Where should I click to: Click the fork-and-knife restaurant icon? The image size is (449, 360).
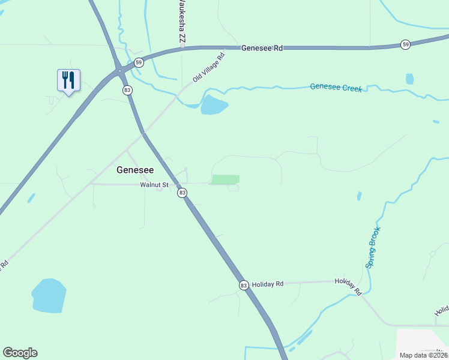click(68, 80)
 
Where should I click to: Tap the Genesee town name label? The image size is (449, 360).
click(134, 170)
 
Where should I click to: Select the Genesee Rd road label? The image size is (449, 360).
click(262, 47)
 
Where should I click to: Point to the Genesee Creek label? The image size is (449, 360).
click(336, 88)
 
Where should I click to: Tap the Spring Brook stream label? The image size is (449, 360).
click(373, 247)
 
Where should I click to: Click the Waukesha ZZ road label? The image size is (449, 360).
click(182, 24)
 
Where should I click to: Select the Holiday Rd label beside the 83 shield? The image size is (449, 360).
click(268, 284)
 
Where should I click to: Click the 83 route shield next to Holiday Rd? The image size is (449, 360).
click(243, 285)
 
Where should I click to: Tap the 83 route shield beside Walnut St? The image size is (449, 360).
click(182, 193)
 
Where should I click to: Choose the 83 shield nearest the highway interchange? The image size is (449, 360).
click(127, 90)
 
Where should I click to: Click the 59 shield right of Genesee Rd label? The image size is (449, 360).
click(406, 44)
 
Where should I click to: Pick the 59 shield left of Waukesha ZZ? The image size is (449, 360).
click(139, 62)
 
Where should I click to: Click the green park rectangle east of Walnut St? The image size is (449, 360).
click(226, 179)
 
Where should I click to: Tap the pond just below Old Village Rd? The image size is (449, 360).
click(214, 105)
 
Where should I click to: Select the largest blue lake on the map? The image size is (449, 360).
click(49, 296)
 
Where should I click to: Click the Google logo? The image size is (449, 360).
click(20, 353)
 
